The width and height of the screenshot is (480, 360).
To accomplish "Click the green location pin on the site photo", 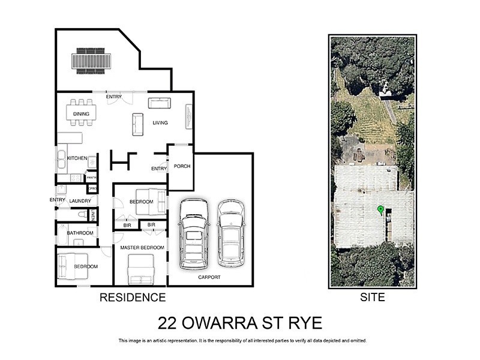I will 380,209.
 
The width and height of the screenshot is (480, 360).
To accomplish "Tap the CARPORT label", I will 209,277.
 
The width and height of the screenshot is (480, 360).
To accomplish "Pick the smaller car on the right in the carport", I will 231,233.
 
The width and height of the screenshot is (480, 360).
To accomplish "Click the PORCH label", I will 181,166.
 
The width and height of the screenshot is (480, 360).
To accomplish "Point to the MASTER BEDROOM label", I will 142,247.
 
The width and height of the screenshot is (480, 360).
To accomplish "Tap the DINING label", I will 81,113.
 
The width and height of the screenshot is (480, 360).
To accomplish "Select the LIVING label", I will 160,123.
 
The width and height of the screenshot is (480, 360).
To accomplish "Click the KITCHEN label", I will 77,158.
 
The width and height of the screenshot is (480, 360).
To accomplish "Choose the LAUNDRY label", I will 80,201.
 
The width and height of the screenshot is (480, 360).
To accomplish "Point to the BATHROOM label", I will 80,233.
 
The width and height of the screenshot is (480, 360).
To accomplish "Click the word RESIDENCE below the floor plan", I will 132,297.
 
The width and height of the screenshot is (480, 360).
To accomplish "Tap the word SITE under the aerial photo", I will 373,297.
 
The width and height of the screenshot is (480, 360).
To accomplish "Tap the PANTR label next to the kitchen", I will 92,178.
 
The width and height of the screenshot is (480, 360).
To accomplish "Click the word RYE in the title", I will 304,323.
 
